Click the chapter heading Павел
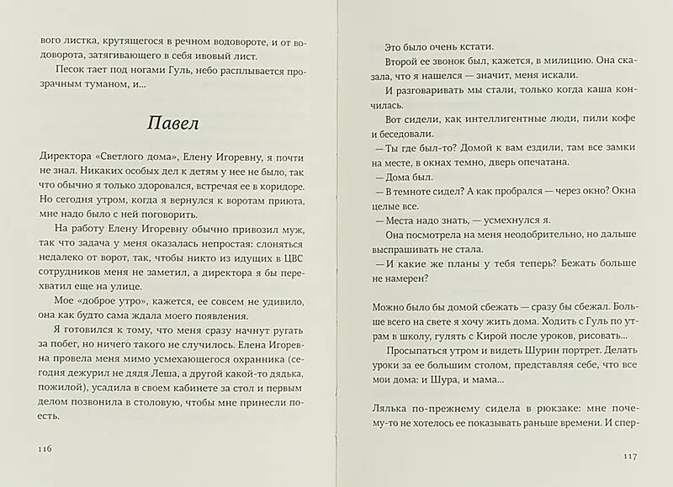173,123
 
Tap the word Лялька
390,409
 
